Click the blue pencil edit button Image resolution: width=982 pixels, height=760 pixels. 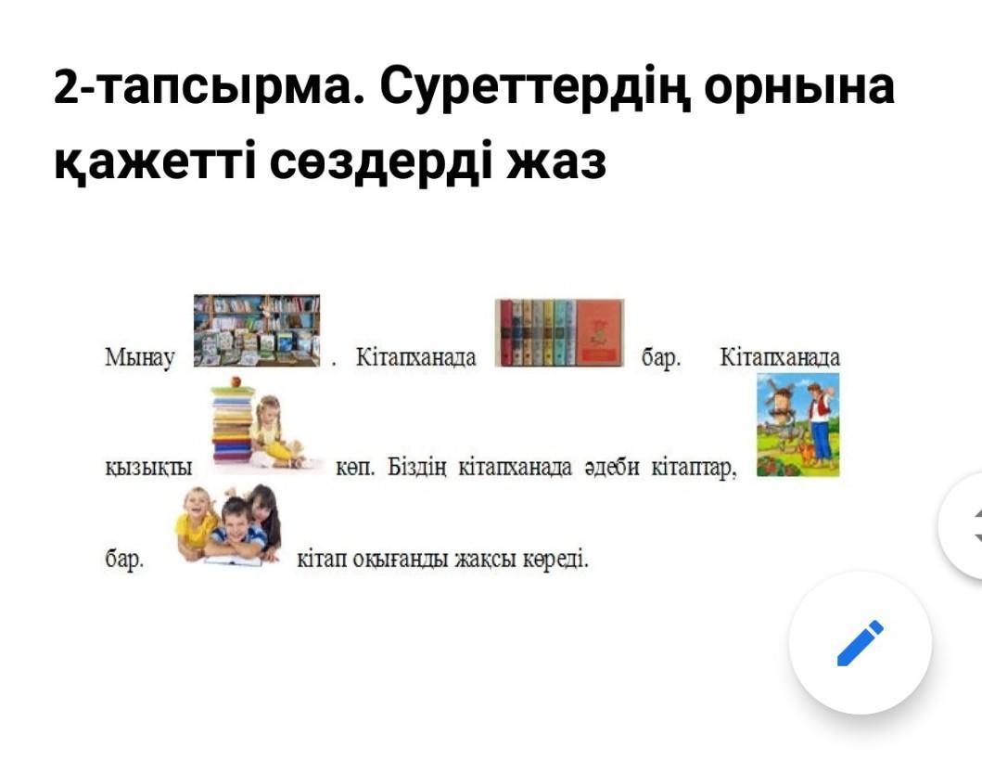[x=860, y=642]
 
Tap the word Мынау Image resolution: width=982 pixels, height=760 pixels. [x=140, y=358]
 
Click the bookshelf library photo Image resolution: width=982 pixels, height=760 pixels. [x=257, y=330]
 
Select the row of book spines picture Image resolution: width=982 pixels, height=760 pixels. [x=559, y=333]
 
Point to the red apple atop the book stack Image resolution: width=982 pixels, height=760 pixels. [x=236, y=381]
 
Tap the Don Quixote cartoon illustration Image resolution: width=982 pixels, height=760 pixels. [x=797, y=425]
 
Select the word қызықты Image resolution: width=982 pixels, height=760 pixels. [x=148, y=468]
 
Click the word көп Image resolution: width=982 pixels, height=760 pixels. [x=355, y=468]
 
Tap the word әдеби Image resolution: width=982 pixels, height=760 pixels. [x=611, y=467]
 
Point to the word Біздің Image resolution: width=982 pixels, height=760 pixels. [x=416, y=468]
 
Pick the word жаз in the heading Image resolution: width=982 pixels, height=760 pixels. [x=556, y=161]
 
